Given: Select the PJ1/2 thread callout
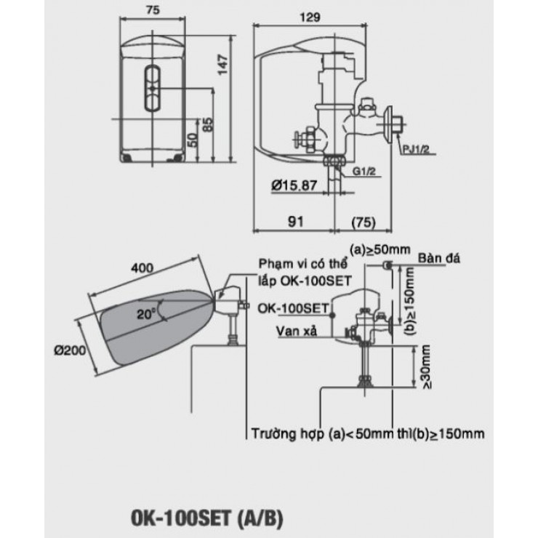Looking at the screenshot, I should click(x=414, y=150).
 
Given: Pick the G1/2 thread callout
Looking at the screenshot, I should click(x=364, y=172).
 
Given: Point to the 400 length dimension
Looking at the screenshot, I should click(x=142, y=268).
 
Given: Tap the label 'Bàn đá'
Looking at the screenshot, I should click(x=440, y=258).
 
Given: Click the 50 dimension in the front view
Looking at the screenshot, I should click(x=192, y=138).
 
